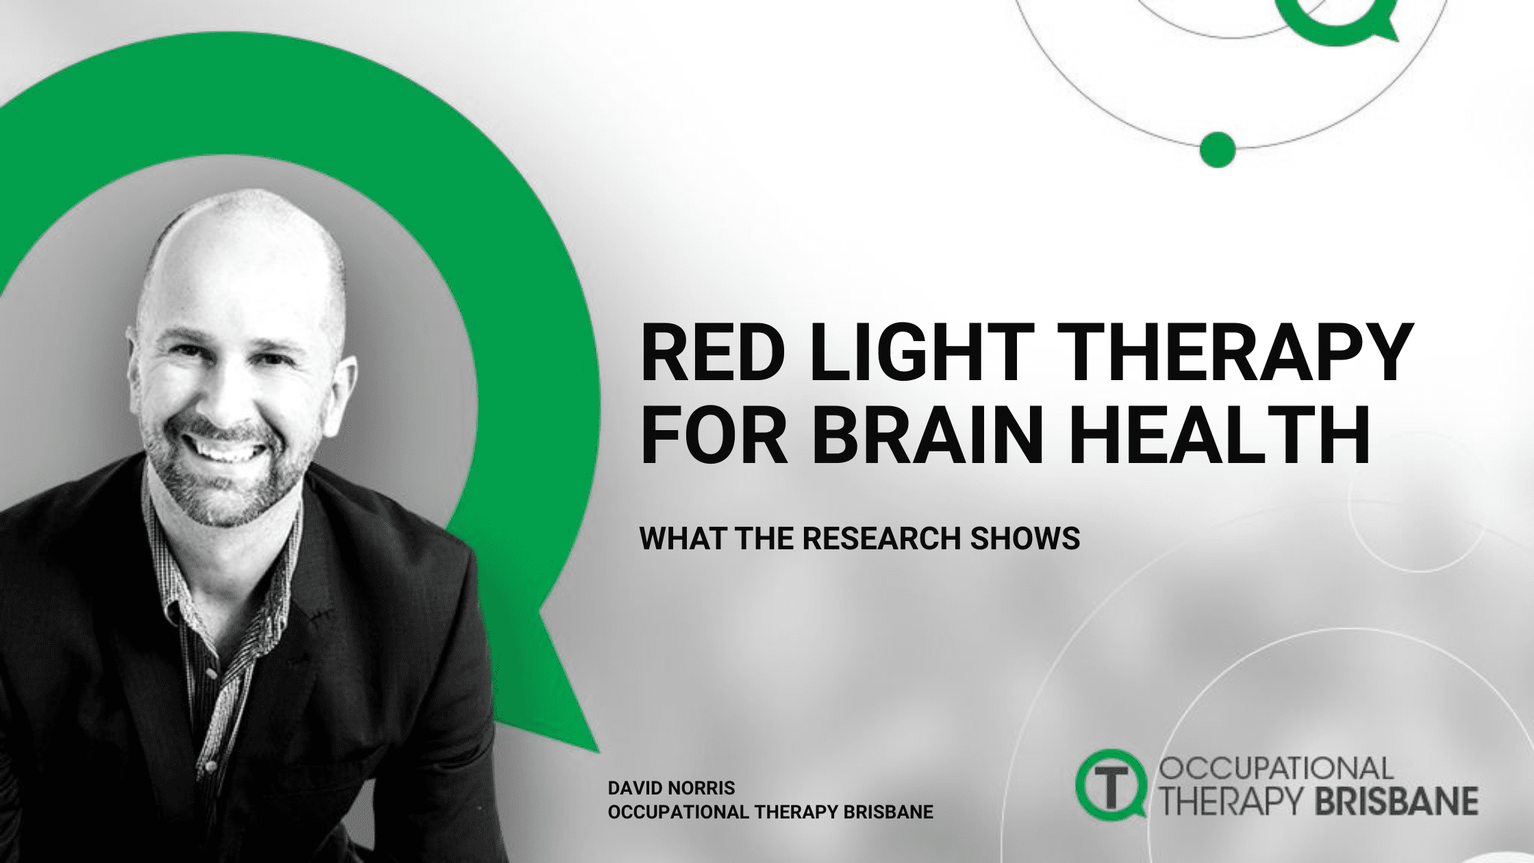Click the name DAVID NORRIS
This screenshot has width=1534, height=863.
point(671,788)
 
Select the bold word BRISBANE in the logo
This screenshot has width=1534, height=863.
point(1396,801)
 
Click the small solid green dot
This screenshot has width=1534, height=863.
point(1218,148)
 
